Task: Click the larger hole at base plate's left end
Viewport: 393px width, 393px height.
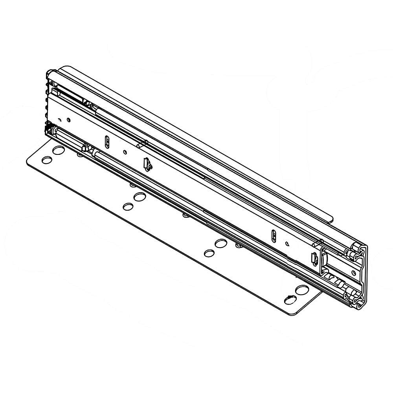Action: tap(59, 150)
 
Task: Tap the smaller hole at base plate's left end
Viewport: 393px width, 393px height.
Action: tap(47, 160)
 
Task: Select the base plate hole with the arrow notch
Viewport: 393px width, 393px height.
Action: tap(290, 300)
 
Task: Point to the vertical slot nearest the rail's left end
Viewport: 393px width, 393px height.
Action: tap(107, 141)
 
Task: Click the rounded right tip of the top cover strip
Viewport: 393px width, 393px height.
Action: tap(332, 218)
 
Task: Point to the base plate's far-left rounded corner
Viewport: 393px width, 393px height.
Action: tap(28, 161)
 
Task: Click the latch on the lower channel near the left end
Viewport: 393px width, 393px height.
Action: tap(85, 148)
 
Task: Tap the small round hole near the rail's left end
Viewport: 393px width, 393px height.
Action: tap(69, 119)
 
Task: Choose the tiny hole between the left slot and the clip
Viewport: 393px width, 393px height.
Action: tap(125, 152)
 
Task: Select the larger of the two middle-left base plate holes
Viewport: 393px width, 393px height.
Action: tap(139, 196)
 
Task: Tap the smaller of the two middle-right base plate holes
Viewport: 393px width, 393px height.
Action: tap(209, 253)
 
